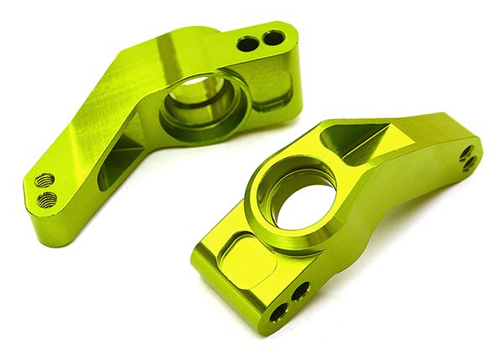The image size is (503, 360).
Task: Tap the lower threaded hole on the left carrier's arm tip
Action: point(49,198)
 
